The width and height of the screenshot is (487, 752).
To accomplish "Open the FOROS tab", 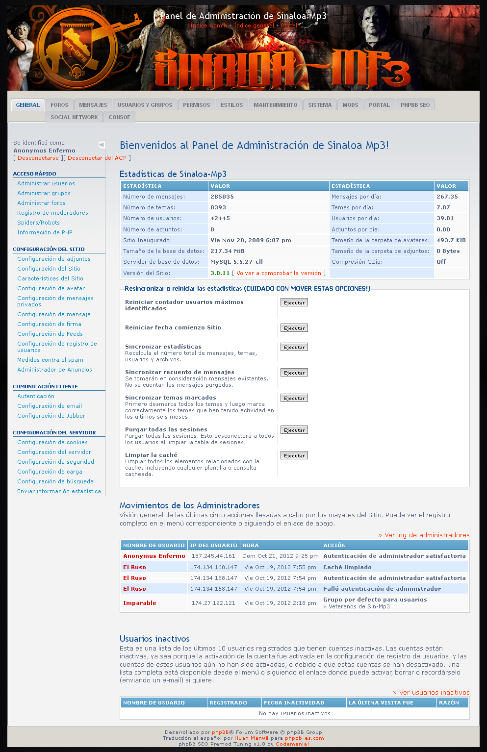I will [x=59, y=105].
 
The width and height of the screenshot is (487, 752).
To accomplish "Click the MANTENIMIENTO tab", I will [x=275, y=105].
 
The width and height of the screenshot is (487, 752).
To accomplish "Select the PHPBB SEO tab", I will [x=415, y=105].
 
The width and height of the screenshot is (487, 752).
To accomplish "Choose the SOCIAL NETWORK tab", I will [x=74, y=117].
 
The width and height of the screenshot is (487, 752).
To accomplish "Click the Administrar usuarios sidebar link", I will [x=46, y=183].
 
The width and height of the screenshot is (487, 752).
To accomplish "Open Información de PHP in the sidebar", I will [x=45, y=232].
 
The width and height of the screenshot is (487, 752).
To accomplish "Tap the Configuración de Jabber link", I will [x=51, y=416].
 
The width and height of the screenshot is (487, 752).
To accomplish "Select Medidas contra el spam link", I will [x=50, y=360].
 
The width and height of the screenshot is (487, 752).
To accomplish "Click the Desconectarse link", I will [x=38, y=158].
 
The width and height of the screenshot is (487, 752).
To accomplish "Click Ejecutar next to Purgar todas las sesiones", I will [x=294, y=430].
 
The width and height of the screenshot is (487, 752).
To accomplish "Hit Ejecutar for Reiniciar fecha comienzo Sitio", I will [x=294, y=328].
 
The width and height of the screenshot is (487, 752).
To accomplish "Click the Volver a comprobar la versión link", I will [x=279, y=273].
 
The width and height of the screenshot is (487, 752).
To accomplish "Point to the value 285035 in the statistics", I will [x=222, y=197].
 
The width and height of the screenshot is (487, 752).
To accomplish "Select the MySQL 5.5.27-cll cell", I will [x=236, y=262].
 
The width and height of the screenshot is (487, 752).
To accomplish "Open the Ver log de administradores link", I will [x=424, y=535].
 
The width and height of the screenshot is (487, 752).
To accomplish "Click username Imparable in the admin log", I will [x=140, y=603].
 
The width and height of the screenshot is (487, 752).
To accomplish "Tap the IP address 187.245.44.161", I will [x=213, y=556].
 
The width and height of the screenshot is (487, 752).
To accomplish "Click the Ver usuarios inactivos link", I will [x=431, y=692].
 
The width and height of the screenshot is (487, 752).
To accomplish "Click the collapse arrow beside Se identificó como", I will [x=102, y=145].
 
